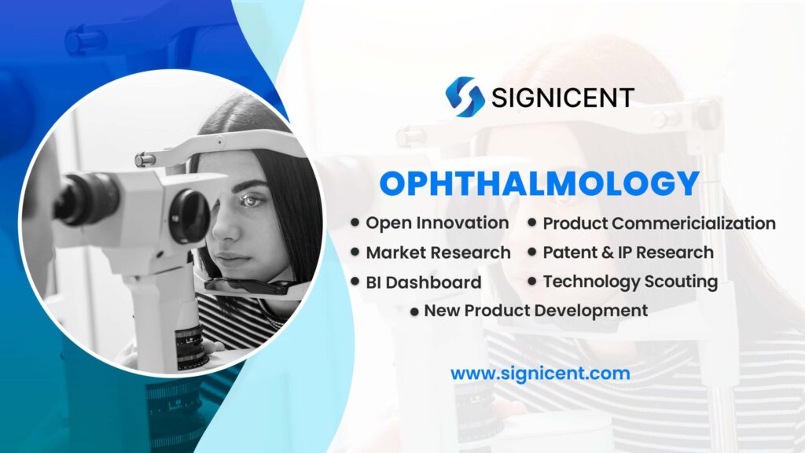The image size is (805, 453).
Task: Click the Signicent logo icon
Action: [x=464, y=97]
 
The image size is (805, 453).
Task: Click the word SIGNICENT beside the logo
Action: [x=562, y=98]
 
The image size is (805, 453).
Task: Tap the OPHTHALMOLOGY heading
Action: [x=539, y=183]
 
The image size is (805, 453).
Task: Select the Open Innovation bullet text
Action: [x=437, y=223]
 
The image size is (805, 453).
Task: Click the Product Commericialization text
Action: [x=659, y=223]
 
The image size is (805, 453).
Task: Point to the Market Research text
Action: [x=438, y=252]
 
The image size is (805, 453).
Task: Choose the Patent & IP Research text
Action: [x=628, y=252]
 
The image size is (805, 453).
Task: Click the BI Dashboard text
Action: [x=423, y=282]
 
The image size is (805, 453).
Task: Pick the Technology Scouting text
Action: [x=630, y=281]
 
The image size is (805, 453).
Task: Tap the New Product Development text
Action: [x=535, y=310]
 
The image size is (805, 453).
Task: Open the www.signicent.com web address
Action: [x=539, y=373]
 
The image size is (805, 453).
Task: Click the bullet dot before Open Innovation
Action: [x=356, y=223]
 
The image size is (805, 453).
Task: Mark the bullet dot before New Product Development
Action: [x=414, y=311]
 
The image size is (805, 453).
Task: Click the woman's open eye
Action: [x=251, y=200]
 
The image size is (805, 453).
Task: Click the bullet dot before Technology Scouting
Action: [x=532, y=281]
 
